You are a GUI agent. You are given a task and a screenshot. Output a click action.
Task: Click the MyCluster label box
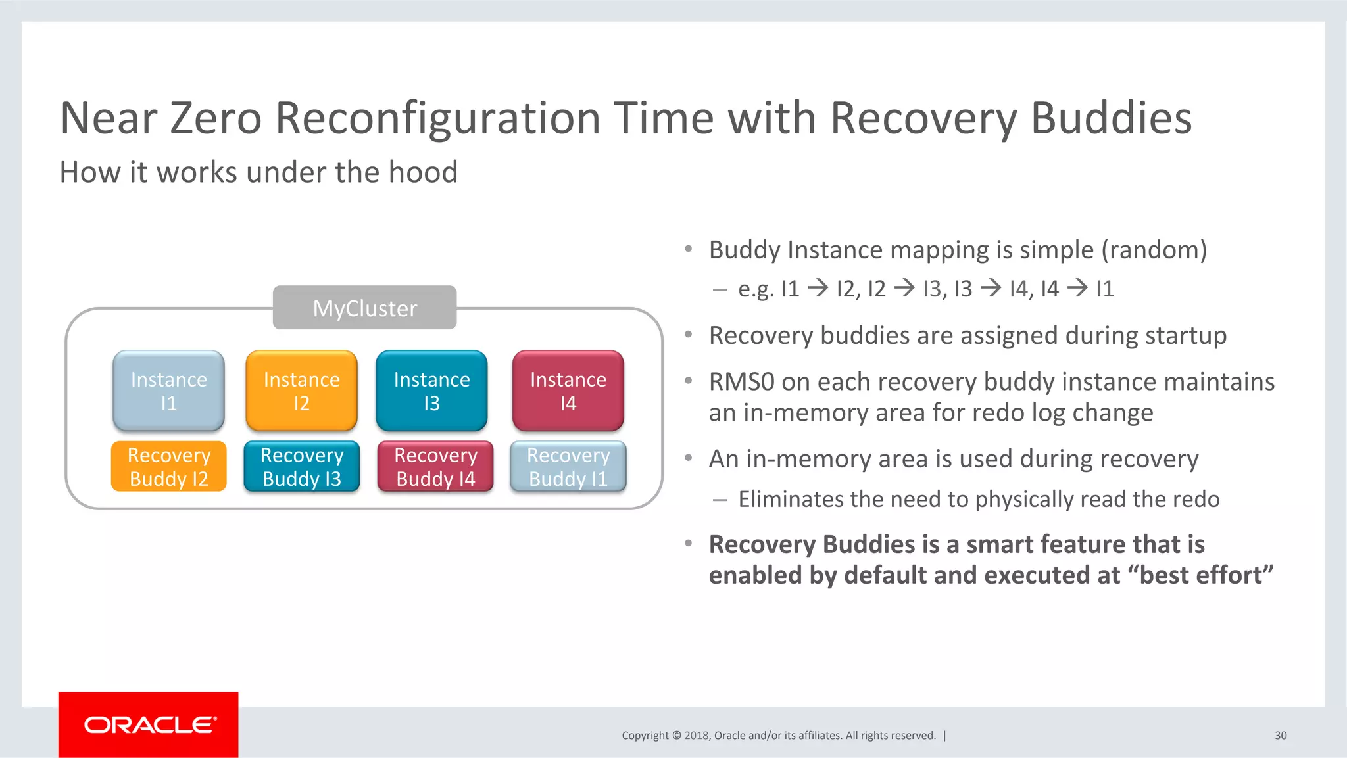tap(364, 308)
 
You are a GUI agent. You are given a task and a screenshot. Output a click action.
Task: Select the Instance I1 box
tap(168, 391)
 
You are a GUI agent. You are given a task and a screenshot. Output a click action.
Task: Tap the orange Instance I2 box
tap(301, 391)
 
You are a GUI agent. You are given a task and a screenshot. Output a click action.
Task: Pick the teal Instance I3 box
tap(431, 391)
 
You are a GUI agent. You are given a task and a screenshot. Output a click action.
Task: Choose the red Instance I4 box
tap(568, 391)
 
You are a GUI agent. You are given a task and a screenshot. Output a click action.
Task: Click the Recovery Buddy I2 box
tap(168, 466)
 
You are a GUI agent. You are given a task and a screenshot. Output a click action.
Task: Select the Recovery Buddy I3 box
tap(301, 466)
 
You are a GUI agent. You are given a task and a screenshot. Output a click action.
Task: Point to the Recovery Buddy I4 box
tap(435, 466)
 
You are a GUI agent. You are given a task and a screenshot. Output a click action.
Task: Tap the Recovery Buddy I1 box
tap(568, 466)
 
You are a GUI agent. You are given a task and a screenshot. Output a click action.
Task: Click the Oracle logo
tap(149, 724)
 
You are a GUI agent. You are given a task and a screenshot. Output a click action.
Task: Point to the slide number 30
tap(1280, 736)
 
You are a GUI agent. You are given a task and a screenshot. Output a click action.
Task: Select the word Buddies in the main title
tap(1111, 119)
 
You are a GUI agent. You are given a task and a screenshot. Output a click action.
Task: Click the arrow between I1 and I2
tap(818, 288)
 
